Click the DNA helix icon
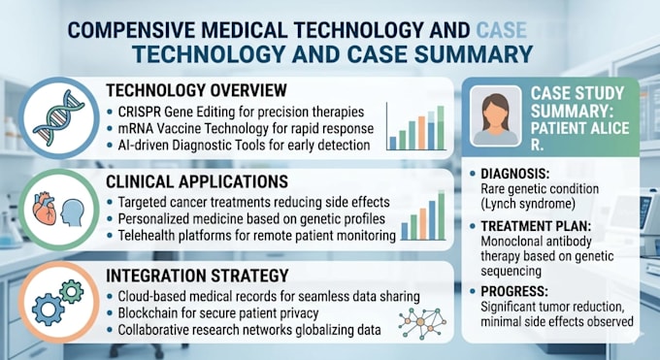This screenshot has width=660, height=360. coord(59,117)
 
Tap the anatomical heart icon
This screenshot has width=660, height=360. coord(45,208)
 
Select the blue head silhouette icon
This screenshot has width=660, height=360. coord(73,213)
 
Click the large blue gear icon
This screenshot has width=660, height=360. coord(49,311)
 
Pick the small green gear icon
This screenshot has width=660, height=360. coord(72,291)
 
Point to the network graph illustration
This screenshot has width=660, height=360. coord(422,322)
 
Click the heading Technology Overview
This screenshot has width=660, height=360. coord(196,90)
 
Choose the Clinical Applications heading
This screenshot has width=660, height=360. coord(197,181)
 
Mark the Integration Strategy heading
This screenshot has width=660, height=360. coord(197,276)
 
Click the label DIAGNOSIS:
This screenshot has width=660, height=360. coord(515,174)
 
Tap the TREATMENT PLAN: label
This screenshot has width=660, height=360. coord(536,226)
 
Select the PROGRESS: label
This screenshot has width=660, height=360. coord(514,291)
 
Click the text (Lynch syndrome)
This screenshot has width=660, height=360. coord(528,204)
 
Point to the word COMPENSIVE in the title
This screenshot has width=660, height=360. coord(131,30)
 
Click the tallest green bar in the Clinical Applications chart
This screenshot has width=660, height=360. coord(441,215)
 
